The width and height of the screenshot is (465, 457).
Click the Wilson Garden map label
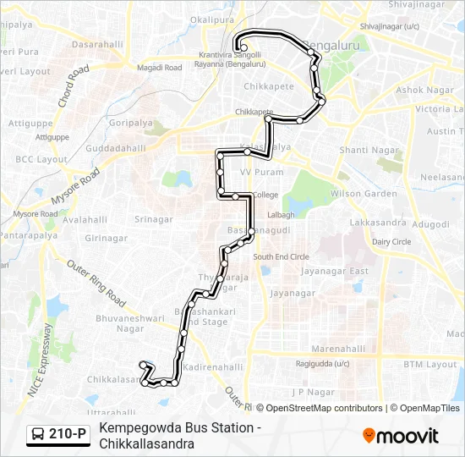point(364,194)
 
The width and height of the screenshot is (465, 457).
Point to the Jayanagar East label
point(336,272)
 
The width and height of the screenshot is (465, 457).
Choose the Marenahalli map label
point(338,348)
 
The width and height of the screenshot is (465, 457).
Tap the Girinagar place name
point(106,239)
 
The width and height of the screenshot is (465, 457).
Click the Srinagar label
point(153,219)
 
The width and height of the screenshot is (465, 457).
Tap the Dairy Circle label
point(391,241)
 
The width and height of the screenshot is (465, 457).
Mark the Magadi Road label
point(159,67)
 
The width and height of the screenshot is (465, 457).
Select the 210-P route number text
point(68,435)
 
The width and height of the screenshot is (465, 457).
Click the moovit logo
point(401,435)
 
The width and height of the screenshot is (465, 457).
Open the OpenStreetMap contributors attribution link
point(324,408)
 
